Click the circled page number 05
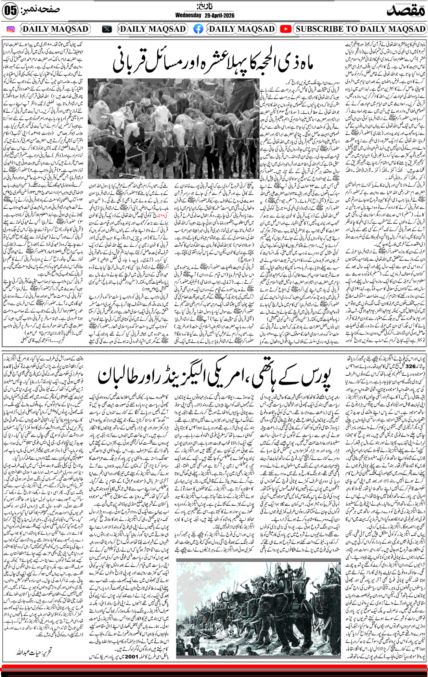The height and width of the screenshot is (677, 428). [10, 12]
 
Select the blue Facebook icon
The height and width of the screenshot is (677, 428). [198, 29]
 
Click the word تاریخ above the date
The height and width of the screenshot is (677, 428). [205, 6]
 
